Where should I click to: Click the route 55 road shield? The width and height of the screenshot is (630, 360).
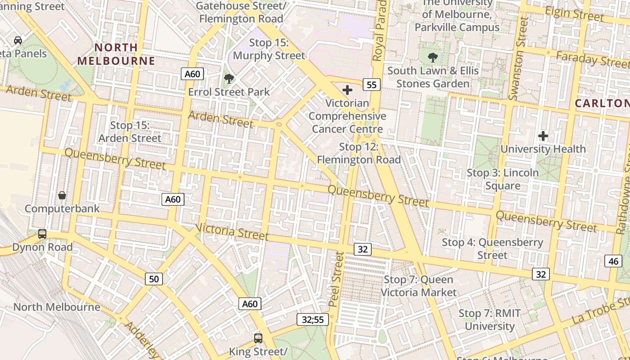[371, 84]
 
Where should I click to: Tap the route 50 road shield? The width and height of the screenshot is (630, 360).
[154, 279]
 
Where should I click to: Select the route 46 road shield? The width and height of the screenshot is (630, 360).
[613, 261]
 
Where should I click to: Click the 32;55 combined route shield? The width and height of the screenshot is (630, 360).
[313, 319]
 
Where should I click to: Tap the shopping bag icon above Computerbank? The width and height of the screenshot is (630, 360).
[62, 195]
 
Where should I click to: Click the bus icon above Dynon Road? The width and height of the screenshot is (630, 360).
[42, 234]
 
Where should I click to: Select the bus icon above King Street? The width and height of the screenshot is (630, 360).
[258, 338]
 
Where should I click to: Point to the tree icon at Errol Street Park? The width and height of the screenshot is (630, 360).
[229, 79]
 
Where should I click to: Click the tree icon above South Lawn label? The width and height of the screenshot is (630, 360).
[433, 58]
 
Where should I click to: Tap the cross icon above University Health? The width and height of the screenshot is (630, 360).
[543, 135]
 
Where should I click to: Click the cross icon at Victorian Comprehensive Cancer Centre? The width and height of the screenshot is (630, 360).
[347, 90]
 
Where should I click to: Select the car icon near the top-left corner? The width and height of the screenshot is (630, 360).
[18, 40]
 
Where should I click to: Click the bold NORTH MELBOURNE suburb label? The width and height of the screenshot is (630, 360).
[116, 54]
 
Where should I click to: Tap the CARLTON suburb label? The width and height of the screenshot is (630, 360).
[602, 103]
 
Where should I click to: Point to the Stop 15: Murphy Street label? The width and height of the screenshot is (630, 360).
[269, 49]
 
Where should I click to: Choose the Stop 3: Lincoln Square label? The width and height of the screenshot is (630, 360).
[503, 179]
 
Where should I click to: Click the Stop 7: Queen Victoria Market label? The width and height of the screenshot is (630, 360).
[418, 286]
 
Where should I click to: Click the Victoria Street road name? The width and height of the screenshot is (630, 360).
[232, 232]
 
